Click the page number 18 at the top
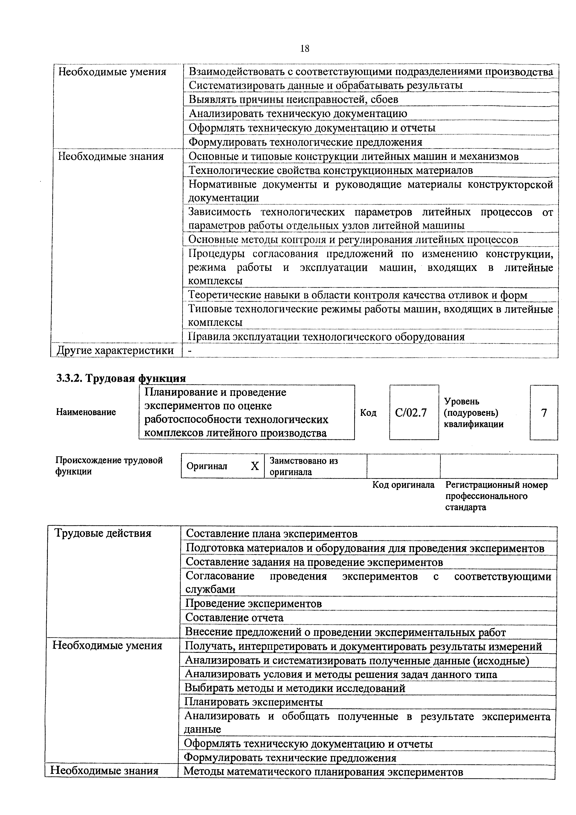tap(304, 49)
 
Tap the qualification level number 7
tap(544, 413)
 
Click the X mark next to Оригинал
tap(255, 466)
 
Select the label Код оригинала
tap(403, 485)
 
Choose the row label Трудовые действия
tap(103, 533)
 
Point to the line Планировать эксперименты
tap(253, 702)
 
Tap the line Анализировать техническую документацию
tap(298, 114)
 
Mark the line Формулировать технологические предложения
tap(305, 142)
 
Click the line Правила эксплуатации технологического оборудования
tap(326, 336)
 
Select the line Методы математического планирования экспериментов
tap(323, 772)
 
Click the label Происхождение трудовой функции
tap(109, 466)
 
